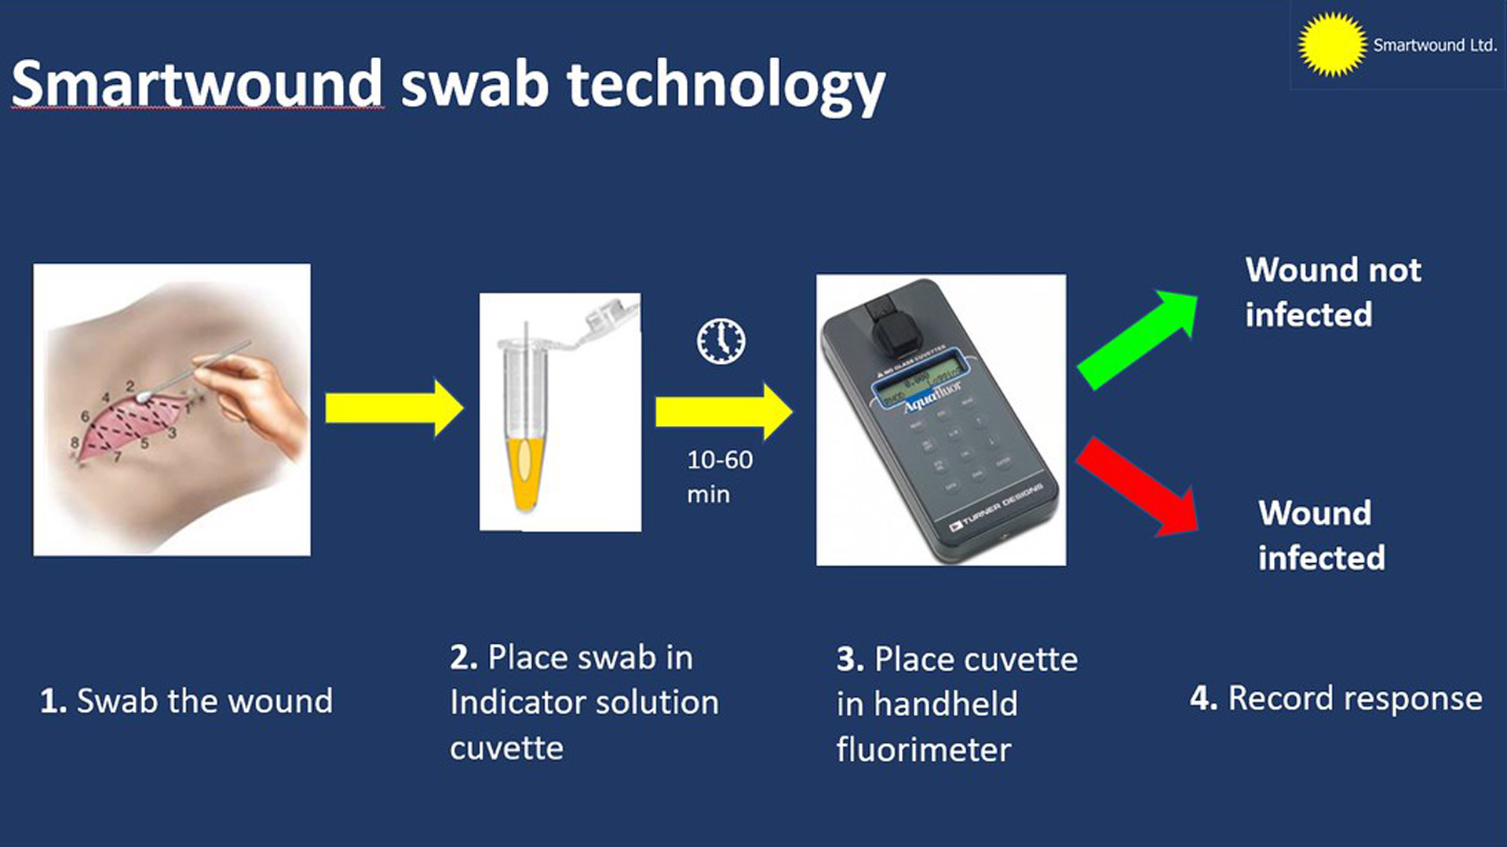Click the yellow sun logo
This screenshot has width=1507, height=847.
pyautogui.click(x=1332, y=45)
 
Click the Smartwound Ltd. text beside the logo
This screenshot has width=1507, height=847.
pyautogui.click(x=1435, y=45)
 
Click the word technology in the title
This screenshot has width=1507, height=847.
pyautogui.click(x=726, y=86)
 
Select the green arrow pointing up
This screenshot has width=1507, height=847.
pyautogui.click(x=1138, y=337)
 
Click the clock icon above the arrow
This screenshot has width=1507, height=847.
pyautogui.click(x=721, y=341)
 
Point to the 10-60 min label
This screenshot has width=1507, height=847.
pyautogui.click(x=718, y=476)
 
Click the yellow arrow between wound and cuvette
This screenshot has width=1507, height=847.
pyautogui.click(x=393, y=408)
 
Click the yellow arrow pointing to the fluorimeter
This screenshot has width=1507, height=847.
pyautogui.click(x=723, y=411)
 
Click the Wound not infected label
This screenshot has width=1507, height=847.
pyautogui.click(x=1332, y=292)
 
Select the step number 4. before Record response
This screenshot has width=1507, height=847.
pyautogui.click(x=1202, y=698)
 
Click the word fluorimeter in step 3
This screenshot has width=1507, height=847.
pyautogui.click(x=923, y=750)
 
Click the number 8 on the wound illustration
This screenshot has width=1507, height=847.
pyautogui.click(x=75, y=442)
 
